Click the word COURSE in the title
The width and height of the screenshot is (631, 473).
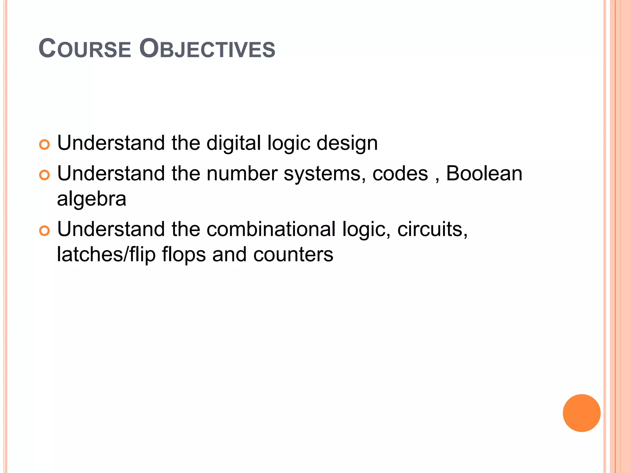85,49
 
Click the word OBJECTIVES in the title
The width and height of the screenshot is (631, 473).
207,49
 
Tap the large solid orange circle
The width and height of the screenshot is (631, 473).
581,413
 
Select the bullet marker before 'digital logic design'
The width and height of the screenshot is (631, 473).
44,144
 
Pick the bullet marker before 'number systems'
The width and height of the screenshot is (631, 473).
44,175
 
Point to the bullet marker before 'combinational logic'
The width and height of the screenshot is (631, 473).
44,231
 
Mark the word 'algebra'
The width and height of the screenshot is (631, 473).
92,199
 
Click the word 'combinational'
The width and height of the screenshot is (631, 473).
271,229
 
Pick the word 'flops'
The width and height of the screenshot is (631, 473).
184,255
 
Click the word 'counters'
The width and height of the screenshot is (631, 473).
293,255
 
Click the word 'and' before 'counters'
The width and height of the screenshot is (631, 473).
229,255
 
